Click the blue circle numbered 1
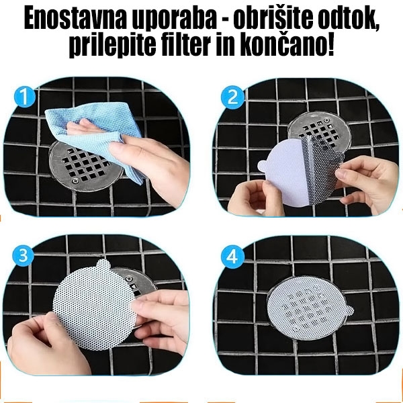pos(25,98)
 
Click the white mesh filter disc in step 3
pos(87,302)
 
